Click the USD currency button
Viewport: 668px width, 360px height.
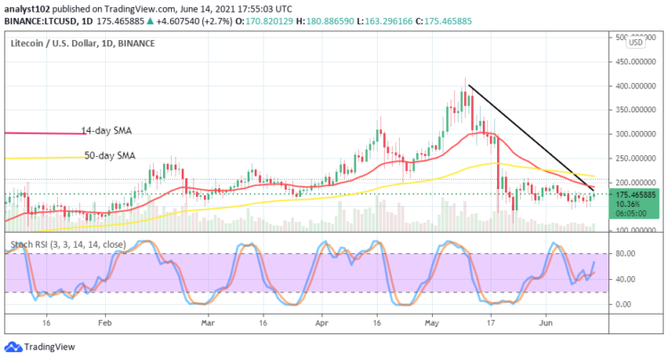pos(637,42)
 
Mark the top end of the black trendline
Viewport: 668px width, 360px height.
pos(469,86)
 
